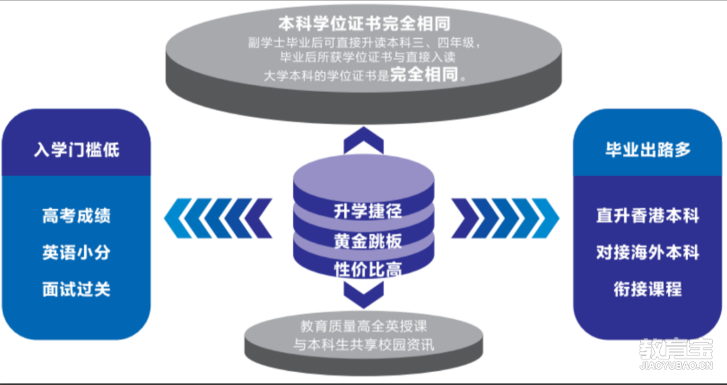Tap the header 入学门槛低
(x=76, y=148)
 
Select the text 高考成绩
(x=76, y=216)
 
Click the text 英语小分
(x=76, y=253)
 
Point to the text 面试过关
(x=76, y=290)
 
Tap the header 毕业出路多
(x=648, y=149)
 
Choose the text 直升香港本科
(x=648, y=216)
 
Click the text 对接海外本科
(x=648, y=253)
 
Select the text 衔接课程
(x=648, y=290)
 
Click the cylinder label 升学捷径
(x=368, y=210)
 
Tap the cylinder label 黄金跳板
(x=368, y=240)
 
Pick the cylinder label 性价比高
(x=368, y=269)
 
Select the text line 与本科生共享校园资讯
(x=363, y=346)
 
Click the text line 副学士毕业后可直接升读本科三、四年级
(x=364, y=43)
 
